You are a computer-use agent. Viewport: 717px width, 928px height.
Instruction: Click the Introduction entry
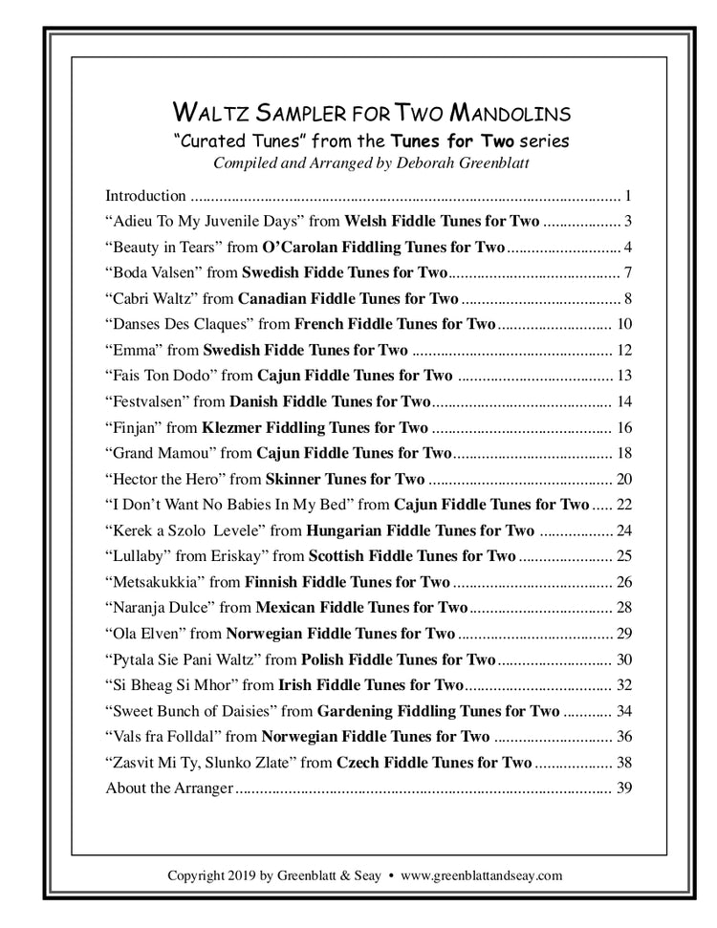coord(145,197)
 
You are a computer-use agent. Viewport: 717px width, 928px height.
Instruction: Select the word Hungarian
coord(345,530)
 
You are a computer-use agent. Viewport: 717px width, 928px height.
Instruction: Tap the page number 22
coord(625,505)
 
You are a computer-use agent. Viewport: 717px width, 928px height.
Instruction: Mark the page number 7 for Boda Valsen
coord(628,273)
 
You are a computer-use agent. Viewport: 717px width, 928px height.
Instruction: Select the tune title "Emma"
coord(129,350)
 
